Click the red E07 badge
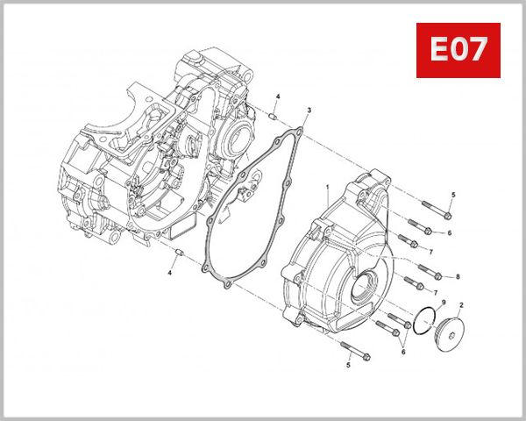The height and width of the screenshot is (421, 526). [x=458, y=49]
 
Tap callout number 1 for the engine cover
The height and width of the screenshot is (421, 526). [x=326, y=187]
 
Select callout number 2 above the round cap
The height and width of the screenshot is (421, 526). [x=462, y=304]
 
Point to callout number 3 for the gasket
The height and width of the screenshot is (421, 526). [x=309, y=111]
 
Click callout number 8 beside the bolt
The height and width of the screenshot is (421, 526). [x=458, y=276]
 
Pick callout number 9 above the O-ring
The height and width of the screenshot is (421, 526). [x=444, y=303]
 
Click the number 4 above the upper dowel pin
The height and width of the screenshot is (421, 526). [x=278, y=96]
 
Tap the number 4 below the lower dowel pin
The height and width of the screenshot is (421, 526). [x=171, y=273]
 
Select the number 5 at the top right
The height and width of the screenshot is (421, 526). [x=453, y=194]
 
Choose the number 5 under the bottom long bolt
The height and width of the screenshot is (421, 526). [x=347, y=364]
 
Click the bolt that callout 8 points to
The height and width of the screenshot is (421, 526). [x=430, y=269]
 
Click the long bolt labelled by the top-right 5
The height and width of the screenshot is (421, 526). [x=436, y=210]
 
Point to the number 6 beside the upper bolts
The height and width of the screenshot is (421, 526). [x=449, y=232]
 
